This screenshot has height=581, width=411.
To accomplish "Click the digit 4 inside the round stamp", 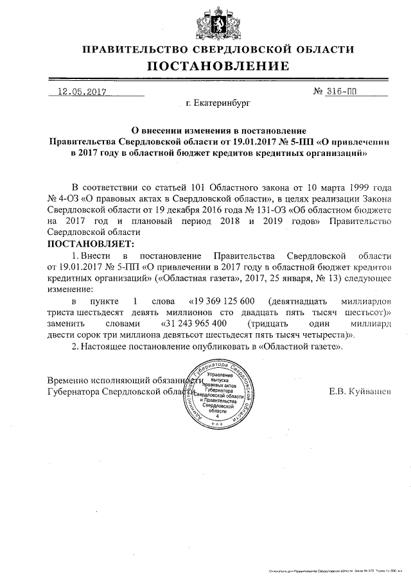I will coord(217,417).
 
